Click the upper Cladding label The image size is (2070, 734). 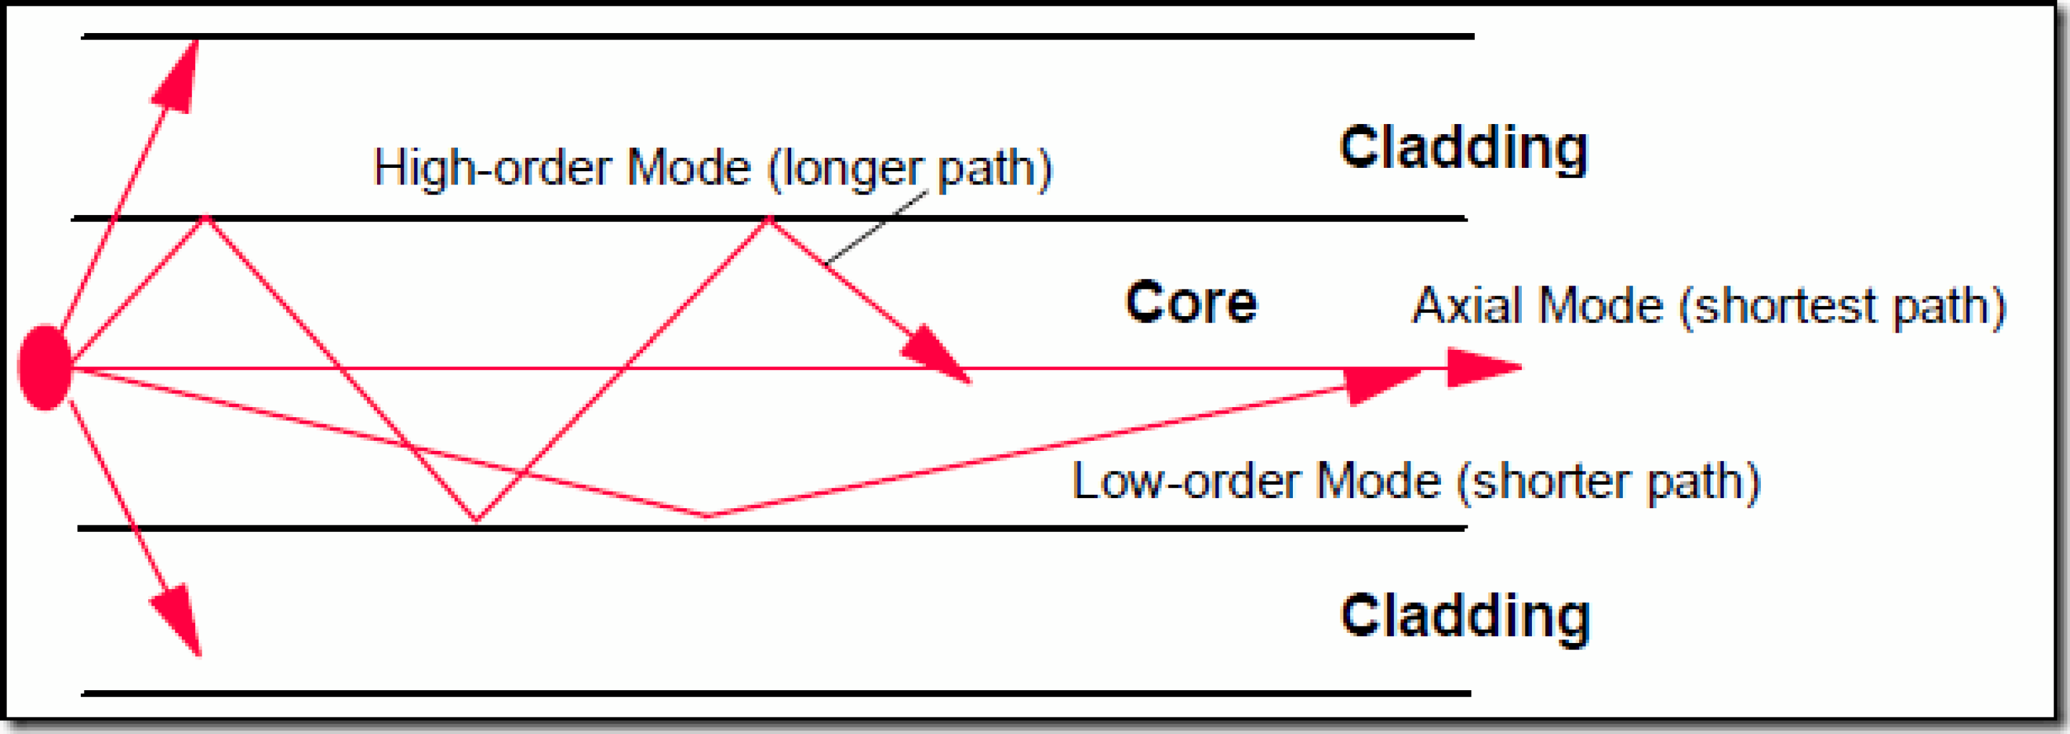pos(1463,149)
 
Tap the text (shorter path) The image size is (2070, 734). pos(1608,482)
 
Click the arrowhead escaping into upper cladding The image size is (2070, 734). pos(179,76)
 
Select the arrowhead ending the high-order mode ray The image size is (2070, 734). pos(939,354)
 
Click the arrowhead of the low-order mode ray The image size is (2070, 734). pos(1382,386)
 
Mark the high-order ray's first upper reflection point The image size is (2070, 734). pos(205,217)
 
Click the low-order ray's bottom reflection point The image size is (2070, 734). pos(707,515)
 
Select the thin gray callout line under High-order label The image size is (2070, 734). pos(876,228)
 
